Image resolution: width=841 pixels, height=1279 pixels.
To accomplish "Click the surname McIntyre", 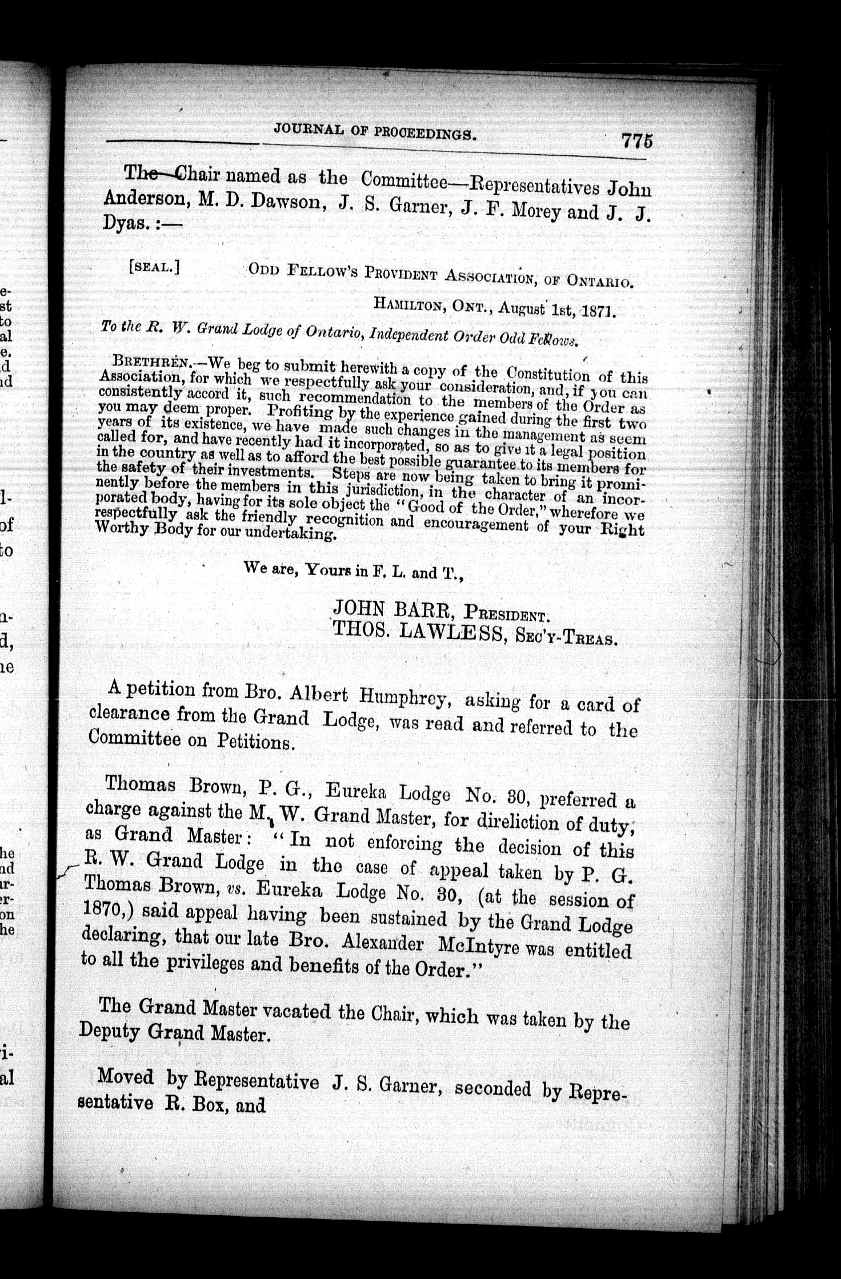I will click(x=479, y=946).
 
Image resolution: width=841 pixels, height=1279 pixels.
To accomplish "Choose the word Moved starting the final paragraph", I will click(x=126, y=1077).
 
